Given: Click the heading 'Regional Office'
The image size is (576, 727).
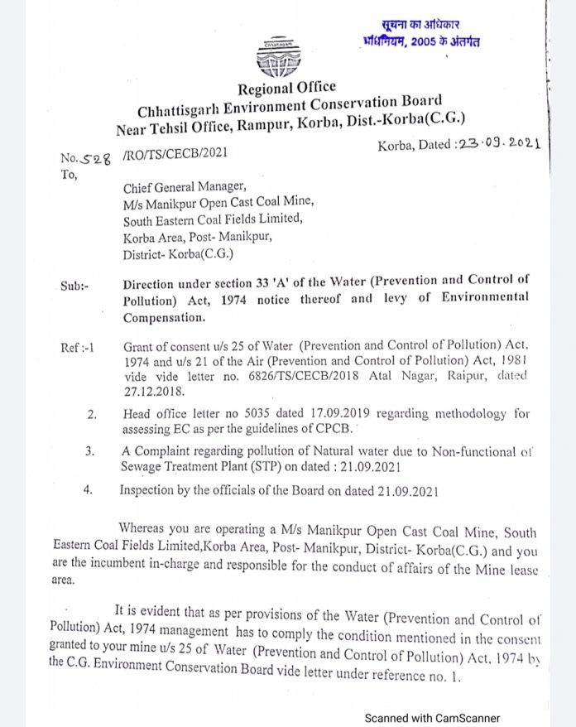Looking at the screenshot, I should click(287, 88).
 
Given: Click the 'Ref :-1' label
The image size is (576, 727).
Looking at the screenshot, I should click(77, 347).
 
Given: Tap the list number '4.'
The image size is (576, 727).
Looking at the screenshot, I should click(88, 489).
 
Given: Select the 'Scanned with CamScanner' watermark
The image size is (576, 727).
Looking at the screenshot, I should click(433, 718).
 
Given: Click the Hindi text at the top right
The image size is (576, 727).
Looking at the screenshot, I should click(421, 33).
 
